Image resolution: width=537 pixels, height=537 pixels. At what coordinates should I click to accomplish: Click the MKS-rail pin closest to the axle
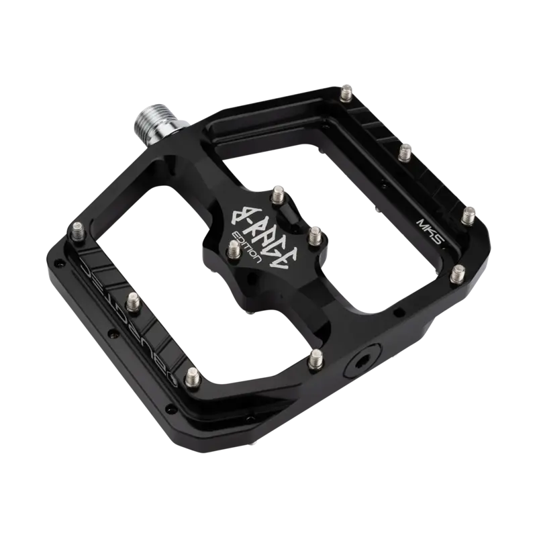pos(347,89)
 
